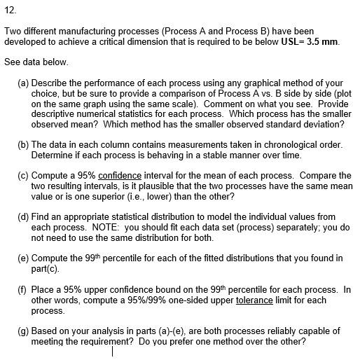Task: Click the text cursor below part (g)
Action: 113,352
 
